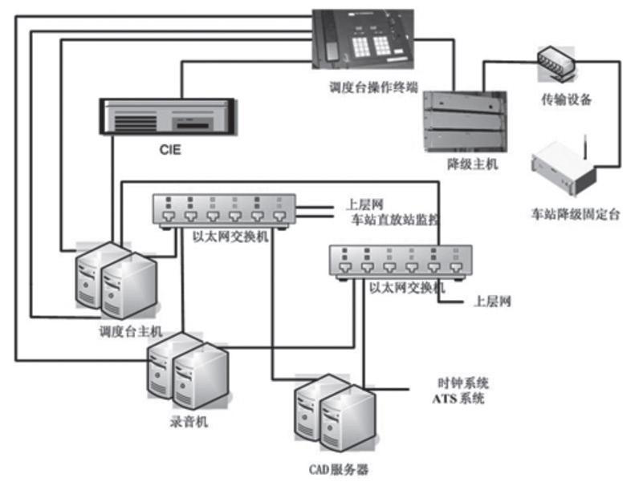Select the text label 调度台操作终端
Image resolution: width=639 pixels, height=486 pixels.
coord(368,87)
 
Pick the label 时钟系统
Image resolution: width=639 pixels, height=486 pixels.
coord(462,383)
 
